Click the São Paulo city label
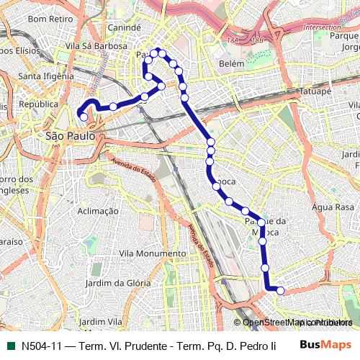click(x=66, y=135)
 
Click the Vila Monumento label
click(x=152, y=253)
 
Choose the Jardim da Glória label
click(x=118, y=283)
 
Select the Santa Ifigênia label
click(x=46, y=76)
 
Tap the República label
click(x=38, y=104)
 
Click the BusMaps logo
click(x=326, y=345)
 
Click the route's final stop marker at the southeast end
click(x=281, y=291)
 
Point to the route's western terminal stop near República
click(x=84, y=117)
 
